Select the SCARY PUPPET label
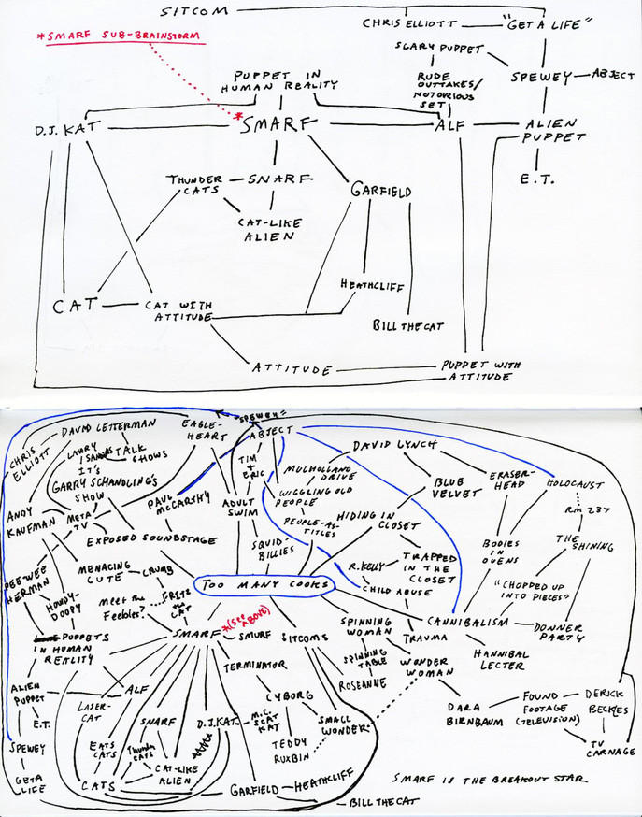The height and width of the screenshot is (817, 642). [429, 47]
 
